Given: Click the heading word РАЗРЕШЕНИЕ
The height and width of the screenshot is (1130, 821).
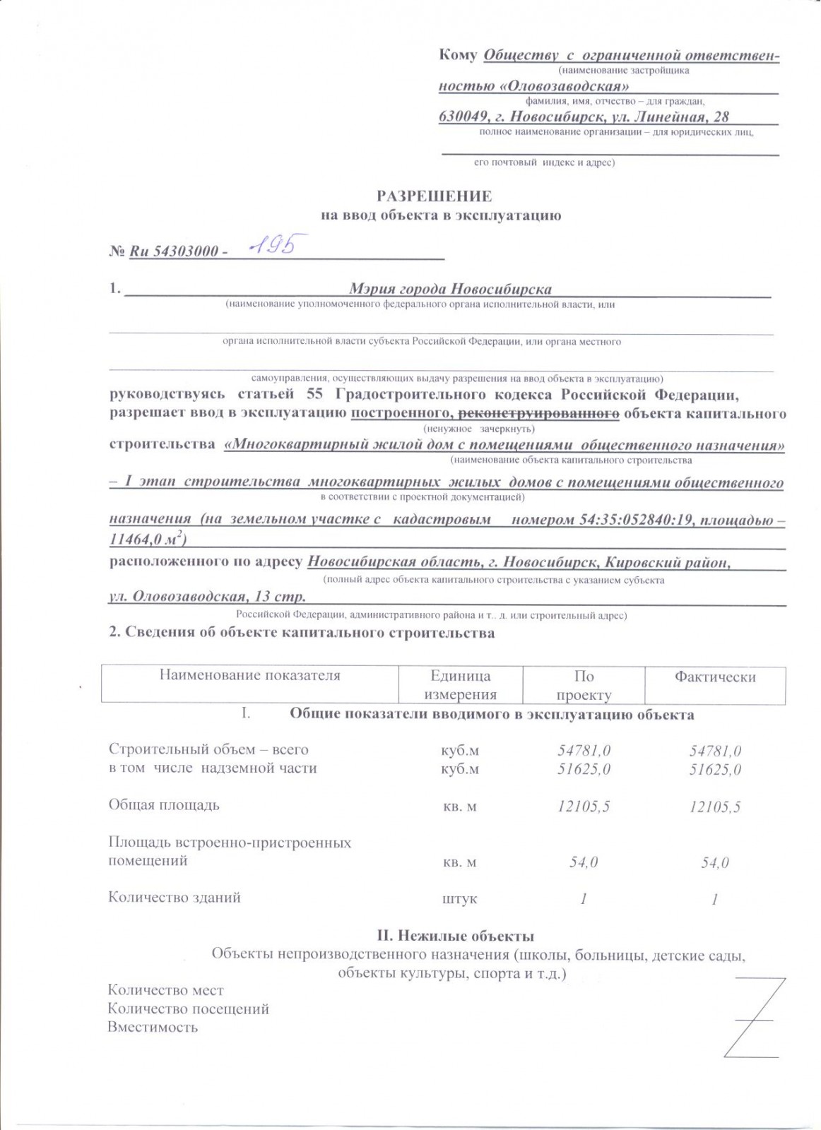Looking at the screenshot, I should click(x=434, y=196).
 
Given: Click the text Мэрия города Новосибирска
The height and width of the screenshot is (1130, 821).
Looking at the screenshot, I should click(x=450, y=289).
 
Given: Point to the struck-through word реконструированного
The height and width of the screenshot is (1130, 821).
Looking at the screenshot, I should click(x=539, y=413).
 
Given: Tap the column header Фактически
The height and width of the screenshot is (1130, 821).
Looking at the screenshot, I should click(x=715, y=677).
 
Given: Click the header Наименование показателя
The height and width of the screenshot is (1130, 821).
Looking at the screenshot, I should click(x=249, y=675).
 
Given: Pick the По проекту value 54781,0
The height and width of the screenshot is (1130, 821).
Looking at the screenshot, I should click(x=584, y=750).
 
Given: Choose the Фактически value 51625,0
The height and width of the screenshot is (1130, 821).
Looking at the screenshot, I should click(x=715, y=769).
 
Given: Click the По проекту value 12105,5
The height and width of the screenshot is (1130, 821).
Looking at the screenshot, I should click(x=584, y=807).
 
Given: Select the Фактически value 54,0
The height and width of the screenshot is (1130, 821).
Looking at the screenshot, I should click(x=715, y=862).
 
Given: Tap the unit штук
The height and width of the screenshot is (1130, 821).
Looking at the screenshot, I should click(x=459, y=900).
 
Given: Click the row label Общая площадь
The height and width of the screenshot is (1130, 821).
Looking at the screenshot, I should click(x=164, y=805).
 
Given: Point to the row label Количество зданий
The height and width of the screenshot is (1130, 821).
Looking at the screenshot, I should click(x=175, y=898).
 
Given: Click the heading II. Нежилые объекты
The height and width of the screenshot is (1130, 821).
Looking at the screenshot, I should click(x=455, y=936).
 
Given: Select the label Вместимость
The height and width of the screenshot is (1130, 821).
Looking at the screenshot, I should click(x=153, y=1028).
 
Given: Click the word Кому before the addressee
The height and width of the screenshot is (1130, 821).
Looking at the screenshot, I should click(x=458, y=55).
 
